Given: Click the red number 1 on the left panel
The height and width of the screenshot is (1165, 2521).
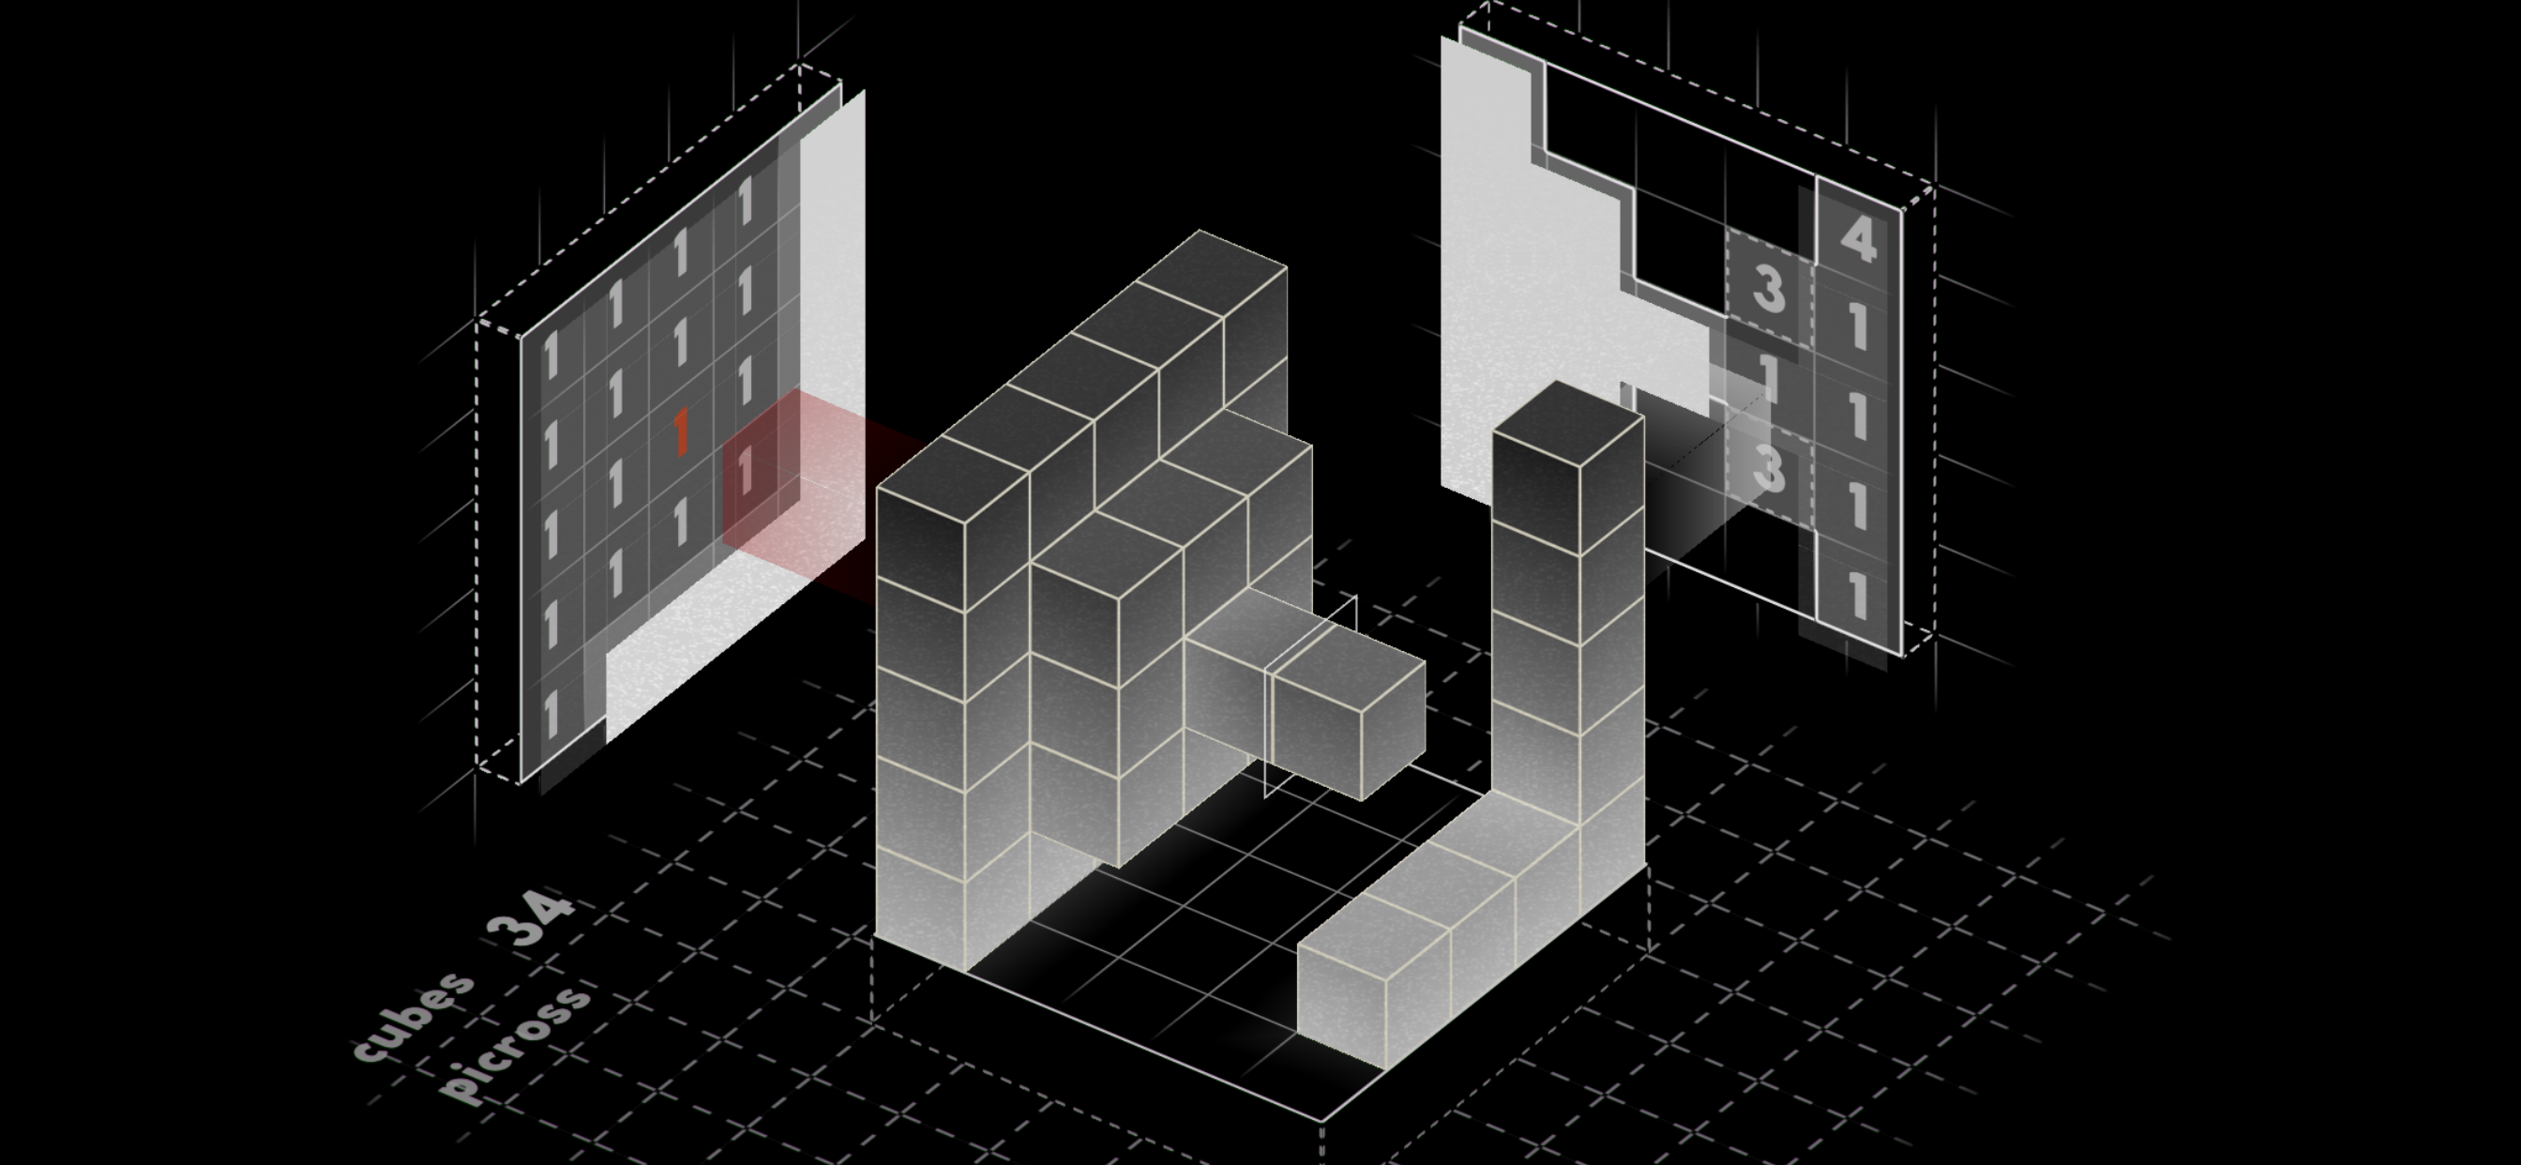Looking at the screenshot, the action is pos(681,433).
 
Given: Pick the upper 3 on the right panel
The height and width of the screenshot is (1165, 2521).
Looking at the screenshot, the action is pos(1769,290).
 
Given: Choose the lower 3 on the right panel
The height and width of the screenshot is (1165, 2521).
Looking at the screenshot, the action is pos(1769,470).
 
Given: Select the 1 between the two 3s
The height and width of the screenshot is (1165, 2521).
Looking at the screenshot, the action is pos(1768,377).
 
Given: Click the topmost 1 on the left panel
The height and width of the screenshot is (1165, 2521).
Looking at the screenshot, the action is pos(746,200).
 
